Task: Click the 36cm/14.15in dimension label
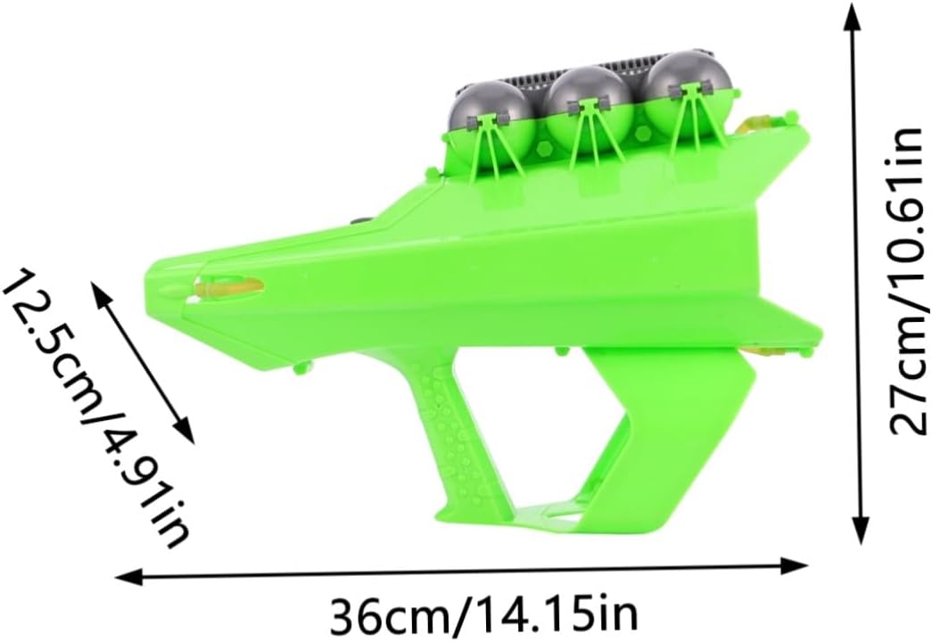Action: click(483, 612)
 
